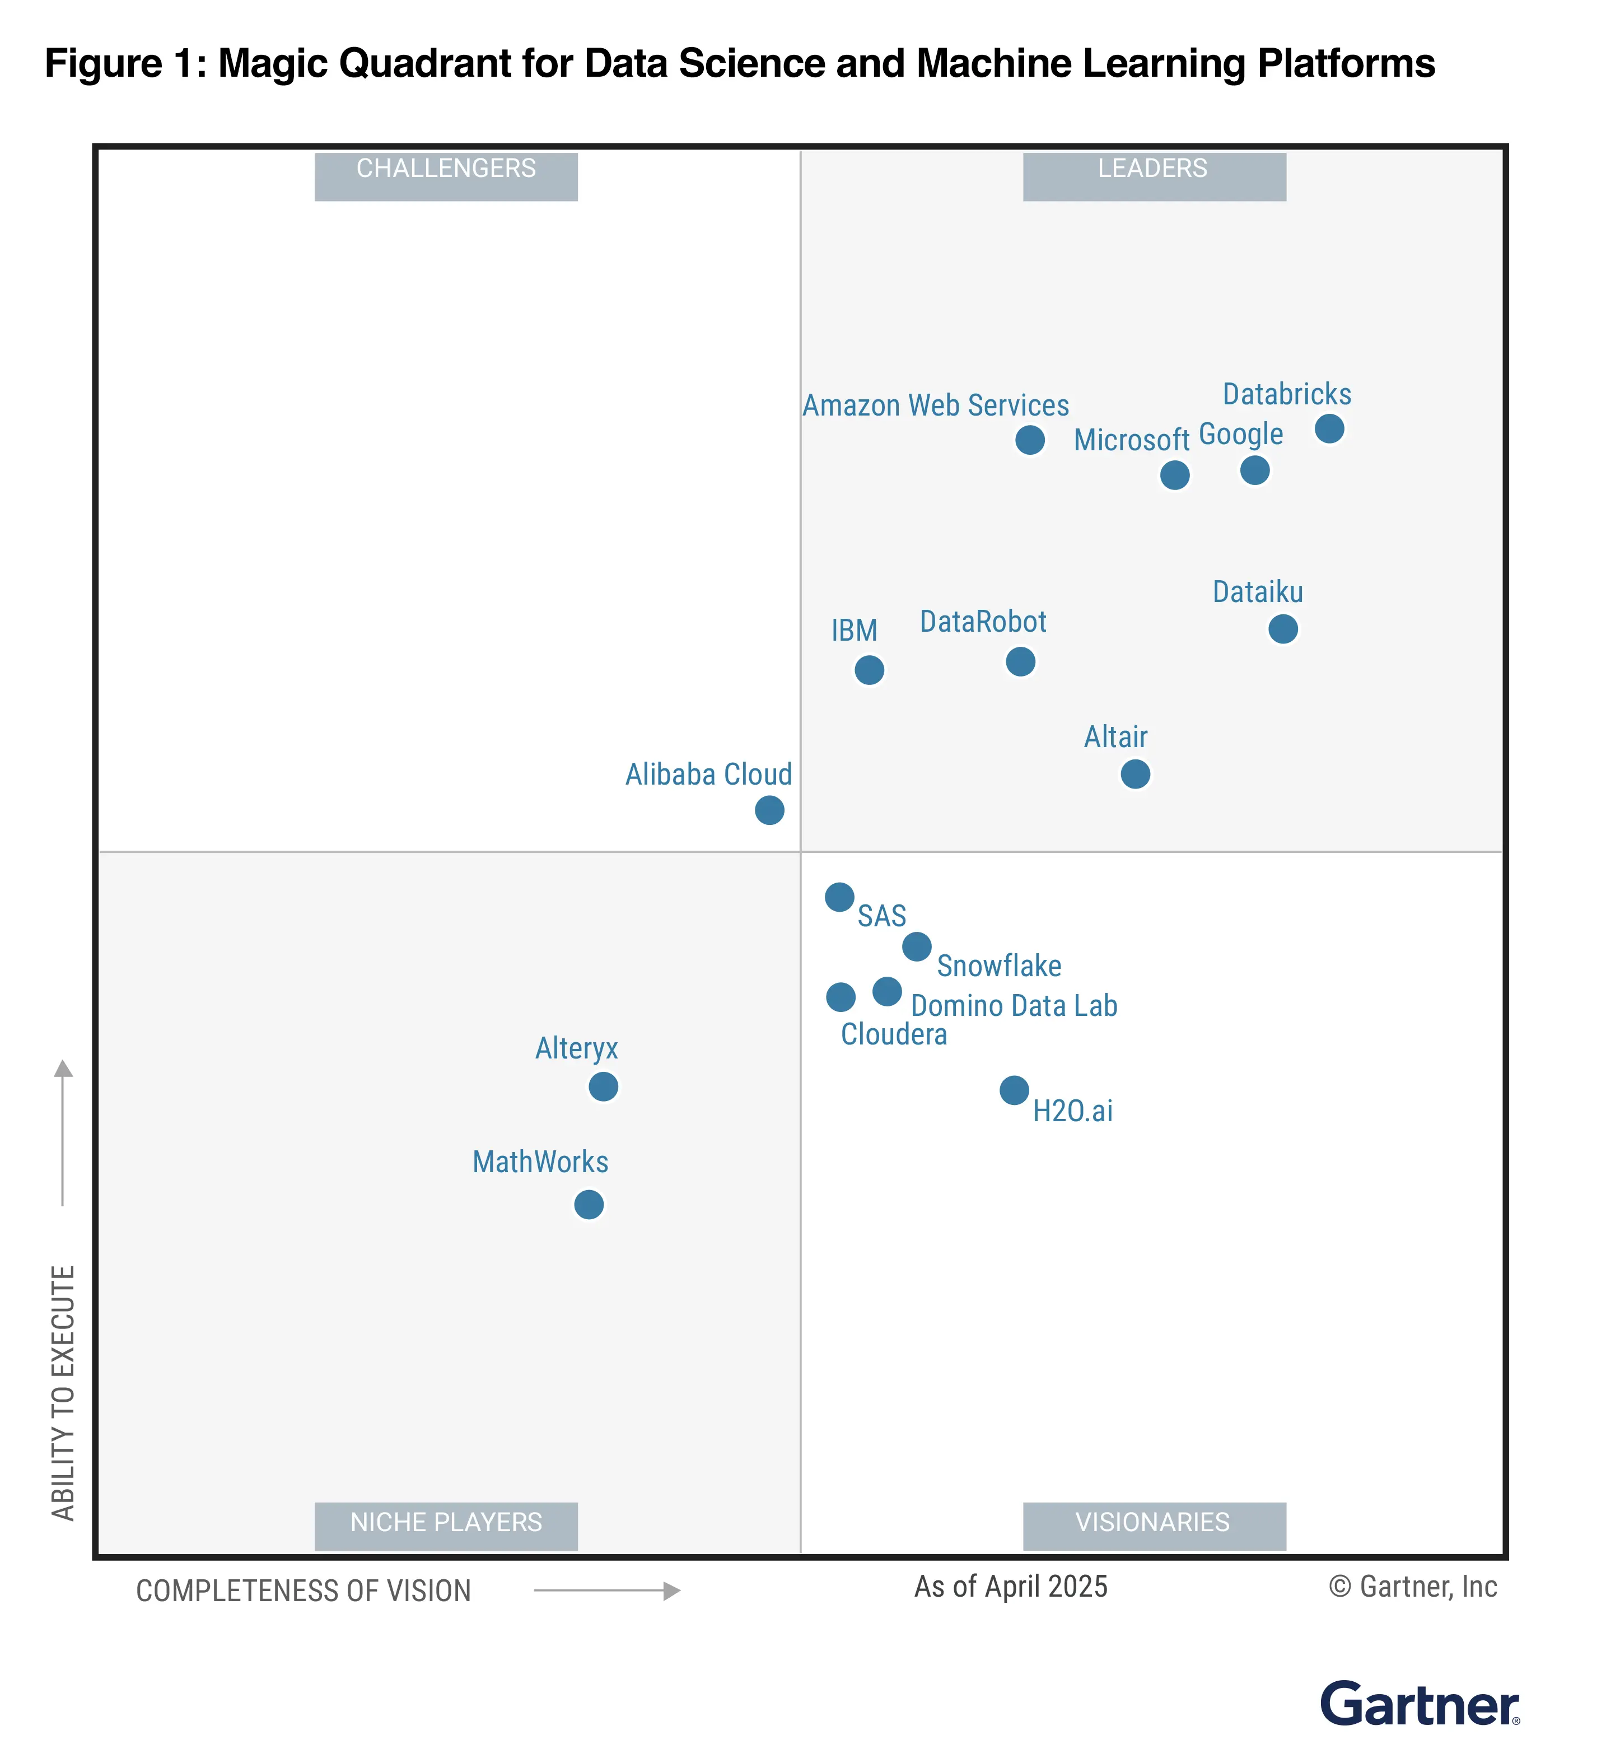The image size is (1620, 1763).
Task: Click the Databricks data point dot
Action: pyautogui.click(x=1329, y=428)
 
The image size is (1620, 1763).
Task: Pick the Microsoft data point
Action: pyautogui.click(x=1175, y=475)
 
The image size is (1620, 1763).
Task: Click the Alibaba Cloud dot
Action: pyautogui.click(x=769, y=810)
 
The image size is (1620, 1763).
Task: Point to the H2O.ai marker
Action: pyautogui.click(x=1014, y=1090)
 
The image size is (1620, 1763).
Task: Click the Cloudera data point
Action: pyautogui.click(x=840, y=997)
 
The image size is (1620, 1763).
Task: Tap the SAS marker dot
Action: pyautogui.click(x=839, y=897)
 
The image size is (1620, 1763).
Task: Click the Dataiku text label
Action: pyautogui.click(x=1257, y=593)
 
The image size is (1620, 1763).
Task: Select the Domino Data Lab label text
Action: pyautogui.click(x=1014, y=1006)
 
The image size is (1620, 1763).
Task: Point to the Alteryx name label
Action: pyautogui.click(x=576, y=1048)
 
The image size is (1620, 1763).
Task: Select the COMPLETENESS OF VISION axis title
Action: pyautogui.click(x=304, y=1591)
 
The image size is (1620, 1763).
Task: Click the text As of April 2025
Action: pyautogui.click(x=1011, y=1587)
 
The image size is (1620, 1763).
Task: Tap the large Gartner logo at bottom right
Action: pyautogui.click(x=1420, y=1704)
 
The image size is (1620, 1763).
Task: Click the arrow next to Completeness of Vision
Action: pyautogui.click(x=606, y=1591)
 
